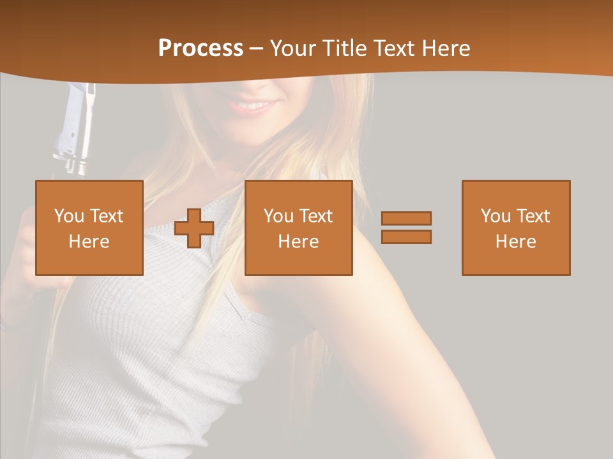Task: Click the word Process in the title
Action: point(201,48)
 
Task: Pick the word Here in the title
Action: point(447,48)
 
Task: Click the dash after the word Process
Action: point(257,49)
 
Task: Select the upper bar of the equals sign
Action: point(406,219)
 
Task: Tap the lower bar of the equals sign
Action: point(406,237)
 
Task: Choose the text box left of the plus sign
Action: point(89,228)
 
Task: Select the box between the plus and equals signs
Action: point(298,228)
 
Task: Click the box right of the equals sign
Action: point(515,228)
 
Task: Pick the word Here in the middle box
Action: point(298,242)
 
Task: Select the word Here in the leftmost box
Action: point(89,242)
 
